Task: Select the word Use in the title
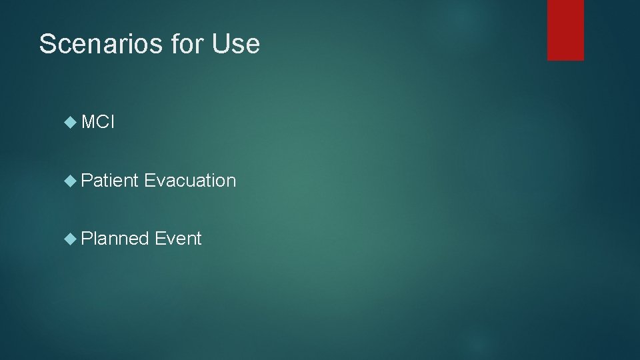coord(235,45)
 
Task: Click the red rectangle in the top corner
coord(565,30)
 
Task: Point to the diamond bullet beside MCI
coord(71,123)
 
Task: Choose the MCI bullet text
coord(98,123)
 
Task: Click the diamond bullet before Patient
coord(71,181)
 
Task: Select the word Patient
coord(109,181)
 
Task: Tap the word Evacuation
coord(190,181)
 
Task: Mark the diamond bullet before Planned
coord(71,238)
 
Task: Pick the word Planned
coord(115,238)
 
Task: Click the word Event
coord(178,238)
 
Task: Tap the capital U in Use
coord(219,45)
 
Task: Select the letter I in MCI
coord(113,123)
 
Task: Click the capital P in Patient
coord(86,181)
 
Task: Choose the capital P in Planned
coord(86,238)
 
